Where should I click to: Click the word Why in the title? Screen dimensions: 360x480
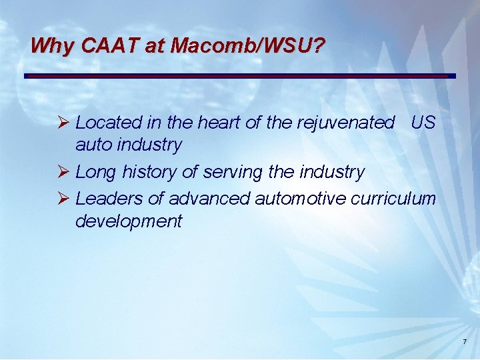pyautogui.click(x=52, y=46)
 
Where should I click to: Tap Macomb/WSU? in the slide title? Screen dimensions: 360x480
pyautogui.click(x=248, y=46)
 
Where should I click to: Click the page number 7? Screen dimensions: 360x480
pyautogui.click(x=465, y=343)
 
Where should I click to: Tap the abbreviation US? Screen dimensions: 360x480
pyautogui.click(x=423, y=123)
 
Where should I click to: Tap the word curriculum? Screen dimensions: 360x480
pyautogui.click(x=399, y=199)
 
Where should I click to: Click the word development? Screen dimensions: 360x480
pyautogui.click(x=128, y=221)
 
